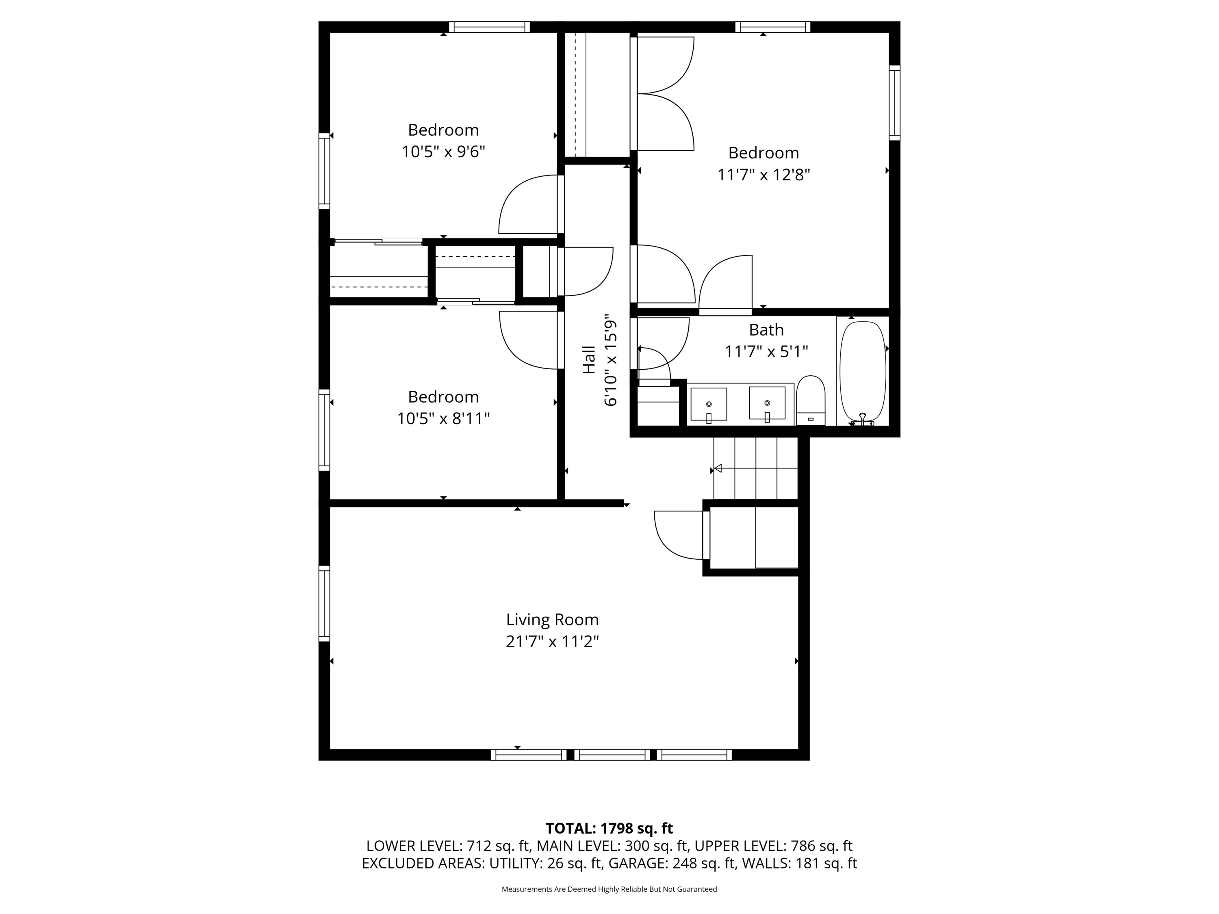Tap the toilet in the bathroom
[x=811, y=401]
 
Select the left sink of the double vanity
[x=709, y=404]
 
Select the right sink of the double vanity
[x=767, y=403]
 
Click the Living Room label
[x=552, y=620]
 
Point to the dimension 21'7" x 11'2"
[x=552, y=642]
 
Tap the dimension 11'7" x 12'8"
[x=763, y=175]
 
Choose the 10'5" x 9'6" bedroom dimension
[x=443, y=152]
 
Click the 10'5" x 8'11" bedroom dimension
[x=443, y=419]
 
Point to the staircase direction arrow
[x=718, y=468]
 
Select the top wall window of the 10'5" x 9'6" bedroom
[x=489, y=27]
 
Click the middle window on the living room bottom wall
[x=612, y=755]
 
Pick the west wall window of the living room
[x=324, y=603]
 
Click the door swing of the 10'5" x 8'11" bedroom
[x=526, y=342]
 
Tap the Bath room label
[x=766, y=330]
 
